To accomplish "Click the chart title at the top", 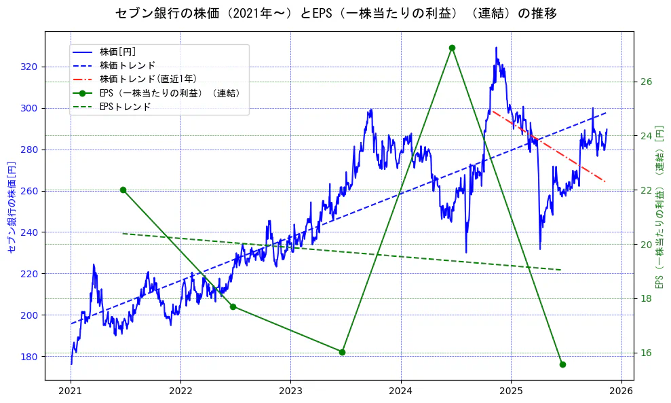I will [x=336, y=14].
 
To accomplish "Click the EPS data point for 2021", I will [x=123, y=190].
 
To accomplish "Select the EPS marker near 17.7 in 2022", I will [x=233, y=306].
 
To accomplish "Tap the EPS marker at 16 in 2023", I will [x=342, y=352].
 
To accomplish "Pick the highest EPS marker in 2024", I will [x=452, y=48].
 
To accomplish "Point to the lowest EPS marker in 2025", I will [x=562, y=364].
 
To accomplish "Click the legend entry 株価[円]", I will [x=118, y=52].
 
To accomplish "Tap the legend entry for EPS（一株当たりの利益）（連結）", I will [x=170, y=93].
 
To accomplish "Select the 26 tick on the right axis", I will [x=646, y=82].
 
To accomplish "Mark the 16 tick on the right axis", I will [x=646, y=353].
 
